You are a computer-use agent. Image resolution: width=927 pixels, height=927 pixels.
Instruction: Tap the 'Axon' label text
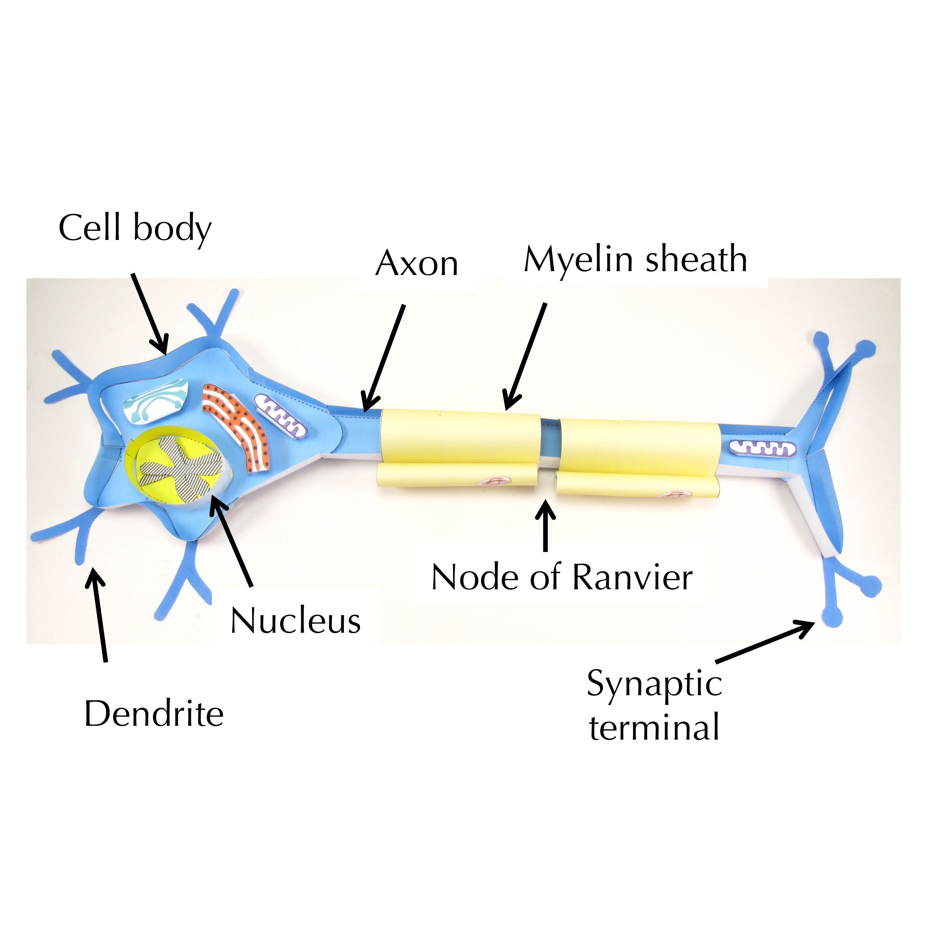416,264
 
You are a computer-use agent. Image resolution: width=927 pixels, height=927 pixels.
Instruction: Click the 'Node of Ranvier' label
561,577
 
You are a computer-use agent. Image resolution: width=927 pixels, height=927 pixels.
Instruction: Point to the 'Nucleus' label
296,621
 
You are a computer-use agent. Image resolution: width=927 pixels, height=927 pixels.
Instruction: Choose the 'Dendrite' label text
154,714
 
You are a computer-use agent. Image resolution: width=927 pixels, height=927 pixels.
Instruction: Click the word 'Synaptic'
654,684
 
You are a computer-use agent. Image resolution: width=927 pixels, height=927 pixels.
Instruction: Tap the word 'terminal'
654,727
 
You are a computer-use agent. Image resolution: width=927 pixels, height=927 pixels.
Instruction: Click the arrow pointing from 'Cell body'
150,313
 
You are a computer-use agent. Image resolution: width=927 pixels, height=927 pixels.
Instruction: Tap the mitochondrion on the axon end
762,449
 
